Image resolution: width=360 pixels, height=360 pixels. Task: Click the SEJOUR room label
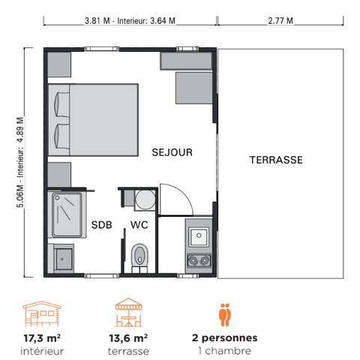[x=172, y=151]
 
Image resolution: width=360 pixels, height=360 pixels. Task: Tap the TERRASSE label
[x=275, y=160]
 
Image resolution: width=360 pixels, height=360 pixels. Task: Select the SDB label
[x=102, y=224]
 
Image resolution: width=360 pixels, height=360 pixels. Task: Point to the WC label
[x=139, y=224]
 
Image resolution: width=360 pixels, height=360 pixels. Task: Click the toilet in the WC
[x=139, y=254]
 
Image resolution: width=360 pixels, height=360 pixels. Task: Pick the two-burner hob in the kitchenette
[x=201, y=261]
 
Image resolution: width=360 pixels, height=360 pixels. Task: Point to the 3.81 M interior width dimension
[x=130, y=20]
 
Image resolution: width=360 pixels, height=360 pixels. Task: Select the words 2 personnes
[x=223, y=337]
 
